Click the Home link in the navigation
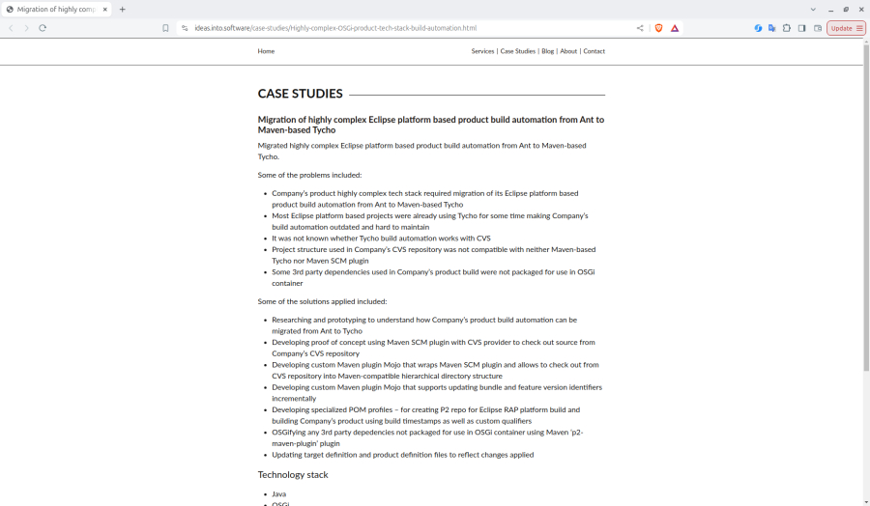coord(266,51)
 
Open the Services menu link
coord(482,51)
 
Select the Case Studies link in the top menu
coord(517,51)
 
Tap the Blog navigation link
coord(548,51)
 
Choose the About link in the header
coord(568,51)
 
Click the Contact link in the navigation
coord(594,51)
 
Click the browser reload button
coord(43,28)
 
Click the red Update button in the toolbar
coord(845,28)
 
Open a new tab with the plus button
coord(123,9)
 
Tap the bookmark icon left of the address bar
coord(165,28)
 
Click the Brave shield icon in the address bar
coord(658,28)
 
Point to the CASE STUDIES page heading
coord(300,94)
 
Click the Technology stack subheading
coord(293,474)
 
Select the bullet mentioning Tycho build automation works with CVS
coord(381,238)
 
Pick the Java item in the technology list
coord(278,493)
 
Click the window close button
coord(860,9)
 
